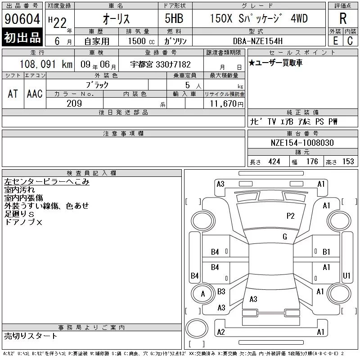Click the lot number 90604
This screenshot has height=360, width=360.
point(22,19)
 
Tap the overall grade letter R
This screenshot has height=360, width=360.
point(343,18)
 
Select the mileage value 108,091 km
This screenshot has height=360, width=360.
point(46,64)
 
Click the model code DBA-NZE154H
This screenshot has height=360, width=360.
point(257,41)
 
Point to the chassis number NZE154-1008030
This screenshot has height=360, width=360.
point(302,143)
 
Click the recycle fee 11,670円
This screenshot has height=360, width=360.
point(226,104)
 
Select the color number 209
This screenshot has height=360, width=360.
point(74,103)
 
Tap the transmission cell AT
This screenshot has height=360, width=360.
point(13,94)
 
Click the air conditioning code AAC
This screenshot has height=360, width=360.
point(35,94)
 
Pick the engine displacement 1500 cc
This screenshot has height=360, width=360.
point(141,41)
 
